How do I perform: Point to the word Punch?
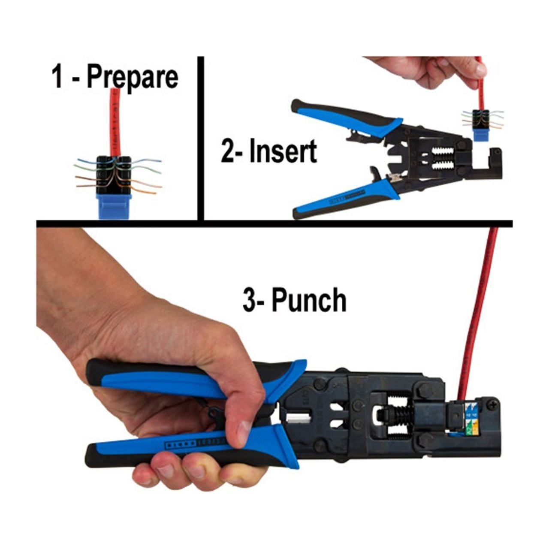coord(309,300)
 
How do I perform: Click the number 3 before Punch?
coord(249,300)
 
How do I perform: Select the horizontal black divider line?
coord(274,223)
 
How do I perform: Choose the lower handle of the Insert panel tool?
coord(343,202)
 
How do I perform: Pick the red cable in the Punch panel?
coord(480,309)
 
